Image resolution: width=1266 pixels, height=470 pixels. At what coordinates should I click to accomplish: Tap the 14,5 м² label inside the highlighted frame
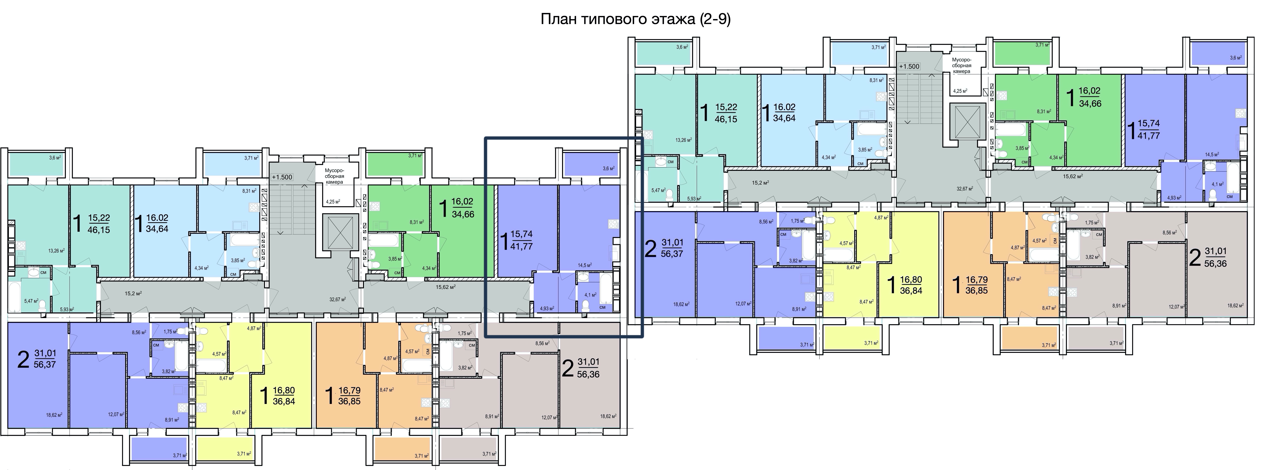pos(584,265)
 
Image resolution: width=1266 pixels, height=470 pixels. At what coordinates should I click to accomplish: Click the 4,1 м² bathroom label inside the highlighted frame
pos(590,295)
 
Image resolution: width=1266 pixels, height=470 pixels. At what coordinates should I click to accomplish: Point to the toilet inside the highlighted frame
pos(585,306)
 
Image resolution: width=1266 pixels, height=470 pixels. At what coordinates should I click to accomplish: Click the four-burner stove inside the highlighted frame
pos(613,224)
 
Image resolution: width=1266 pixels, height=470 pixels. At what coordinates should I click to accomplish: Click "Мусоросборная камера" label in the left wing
pos(334,176)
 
